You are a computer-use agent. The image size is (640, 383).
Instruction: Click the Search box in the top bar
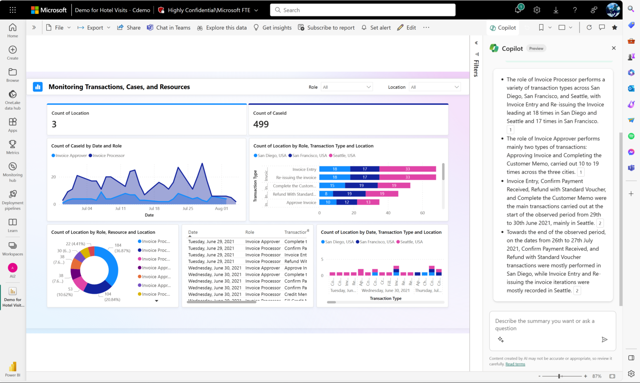(x=362, y=10)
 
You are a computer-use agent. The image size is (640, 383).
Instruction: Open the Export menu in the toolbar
(x=94, y=28)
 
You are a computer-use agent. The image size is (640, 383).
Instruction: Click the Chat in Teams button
(x=168, y=28)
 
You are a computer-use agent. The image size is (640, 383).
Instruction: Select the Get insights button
(x=272, y=28)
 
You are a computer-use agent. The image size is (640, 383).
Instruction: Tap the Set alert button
(x=376, y=28)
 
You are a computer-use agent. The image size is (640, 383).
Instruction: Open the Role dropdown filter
(x=346, y=87)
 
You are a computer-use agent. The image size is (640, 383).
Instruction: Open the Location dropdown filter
(x=435, y=87)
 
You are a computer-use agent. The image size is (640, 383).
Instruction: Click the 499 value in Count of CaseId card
(x=261, y=124)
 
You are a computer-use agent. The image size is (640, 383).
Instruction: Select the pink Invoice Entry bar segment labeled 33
(x=407, y=169)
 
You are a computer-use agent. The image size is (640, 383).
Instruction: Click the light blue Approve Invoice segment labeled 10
(x=328, y=202)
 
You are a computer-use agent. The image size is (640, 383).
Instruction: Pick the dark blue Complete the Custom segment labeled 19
(x=361, y=186)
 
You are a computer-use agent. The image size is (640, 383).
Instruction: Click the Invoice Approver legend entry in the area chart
(x=69, y=156)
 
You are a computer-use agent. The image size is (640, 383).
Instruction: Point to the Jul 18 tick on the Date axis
(x=154, y=209)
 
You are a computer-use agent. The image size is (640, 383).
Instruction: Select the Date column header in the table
(x=193, y=232)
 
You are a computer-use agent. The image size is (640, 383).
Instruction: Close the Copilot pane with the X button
(x=613, y=48)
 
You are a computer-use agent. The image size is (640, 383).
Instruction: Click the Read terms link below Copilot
(x=515, y=364)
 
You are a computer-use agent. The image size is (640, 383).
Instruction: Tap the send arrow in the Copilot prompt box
(x=604, y=340)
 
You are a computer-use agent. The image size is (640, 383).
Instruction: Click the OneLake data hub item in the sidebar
(x=12, y=100)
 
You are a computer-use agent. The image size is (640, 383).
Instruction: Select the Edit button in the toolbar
(x=407, y=28)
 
